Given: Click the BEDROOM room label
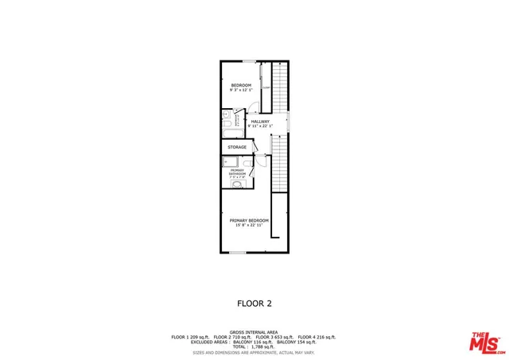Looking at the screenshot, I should pyautogui.click(x=241, y=85).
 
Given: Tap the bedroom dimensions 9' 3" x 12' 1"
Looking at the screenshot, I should pyautogui.click(x=241, y=91).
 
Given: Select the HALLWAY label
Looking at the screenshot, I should pyautogui.click(x=260, y=122).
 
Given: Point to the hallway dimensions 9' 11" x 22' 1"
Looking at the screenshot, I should pyautogui.click(x=260, y=126).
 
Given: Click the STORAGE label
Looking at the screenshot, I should pyautogui.click(x=237, y=148).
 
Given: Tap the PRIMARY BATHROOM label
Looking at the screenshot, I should pyautogui.click(x=237, y=172).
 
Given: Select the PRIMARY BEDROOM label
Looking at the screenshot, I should pyautogui.click(x=249, y=220).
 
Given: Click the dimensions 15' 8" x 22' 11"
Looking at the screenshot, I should pyautogui.click(x=249, y=226).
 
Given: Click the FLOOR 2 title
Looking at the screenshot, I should pyautogui.click(x=254, y=303).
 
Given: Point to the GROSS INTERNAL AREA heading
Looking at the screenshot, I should pyautogui.click(x=254, y=332).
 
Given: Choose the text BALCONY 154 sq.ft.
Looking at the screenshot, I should pyautogui.click(x=297, y=343).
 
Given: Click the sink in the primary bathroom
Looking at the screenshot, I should pyautogui.click(x=236, y=185).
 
